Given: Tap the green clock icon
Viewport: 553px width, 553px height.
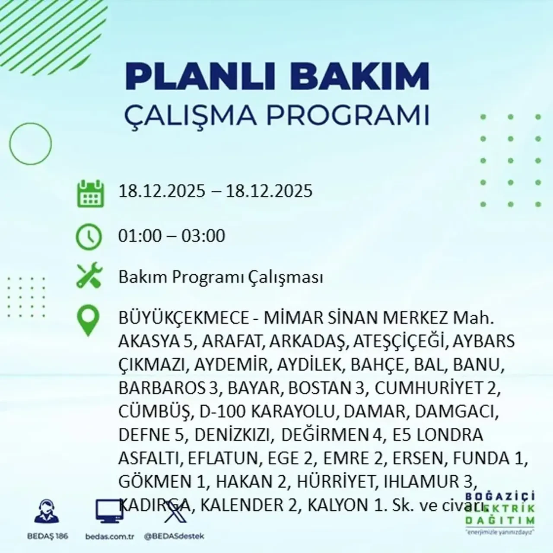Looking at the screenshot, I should (x=89, y=236).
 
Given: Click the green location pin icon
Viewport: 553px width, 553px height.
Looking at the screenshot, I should (x=88, y=321).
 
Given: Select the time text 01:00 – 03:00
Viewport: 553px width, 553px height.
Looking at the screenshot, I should (x=172, y=236).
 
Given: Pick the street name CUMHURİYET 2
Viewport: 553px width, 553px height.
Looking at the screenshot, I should (x=437, y=388).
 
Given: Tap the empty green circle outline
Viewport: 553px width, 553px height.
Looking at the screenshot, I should (x=30, y=143).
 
